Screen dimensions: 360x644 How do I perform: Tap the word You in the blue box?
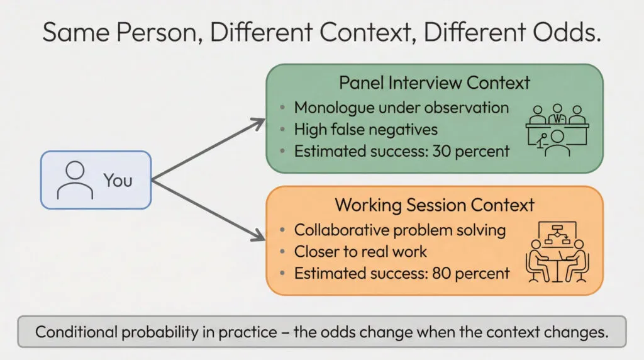pyautogui.click(x=118, y=181)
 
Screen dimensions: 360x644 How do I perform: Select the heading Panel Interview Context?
pyautogui.click(x=434, y=83)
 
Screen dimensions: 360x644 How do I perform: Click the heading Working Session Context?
pyautogui.click(x=434, y=205)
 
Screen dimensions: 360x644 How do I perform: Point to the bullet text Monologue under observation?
pyautogui.click(x=401, y=108)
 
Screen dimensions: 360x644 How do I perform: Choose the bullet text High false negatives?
pyautogui.click(x=366, y=130)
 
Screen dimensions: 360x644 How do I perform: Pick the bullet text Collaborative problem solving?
pyautogui.click(x=400, y=230)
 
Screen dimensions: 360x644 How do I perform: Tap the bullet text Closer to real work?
pyautogui.click(x=360, y=252)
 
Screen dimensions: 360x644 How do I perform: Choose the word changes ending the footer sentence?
pyautogui.click(x=578, y=332)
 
